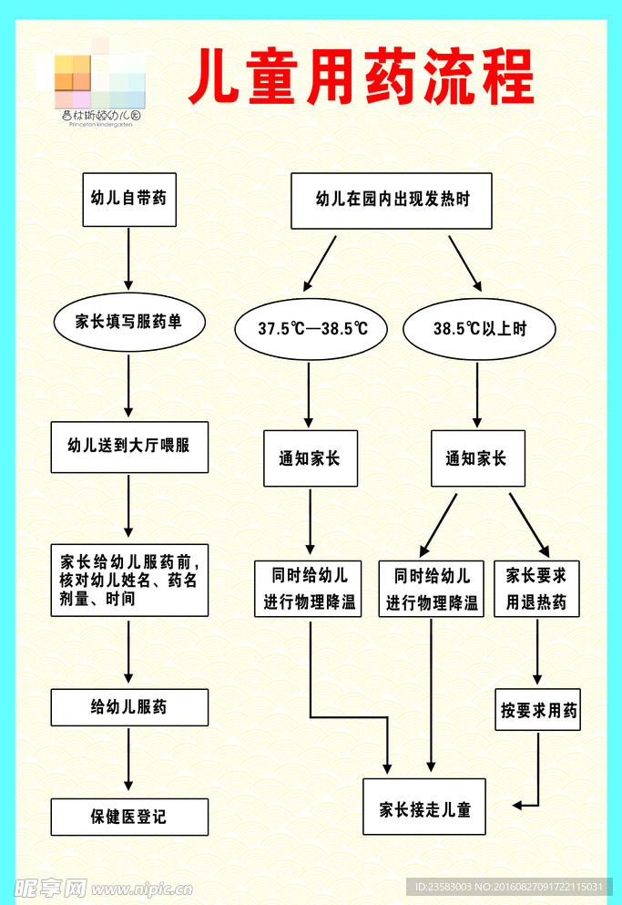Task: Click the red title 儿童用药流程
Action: tap(362, 78)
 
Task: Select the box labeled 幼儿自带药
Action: tap(128, 200)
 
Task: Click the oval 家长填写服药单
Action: tap(128, 322)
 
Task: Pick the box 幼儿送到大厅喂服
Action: tap(128, 447)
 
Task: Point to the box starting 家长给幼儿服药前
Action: tap(128, 580)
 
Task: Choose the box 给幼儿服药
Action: tap(128, 707)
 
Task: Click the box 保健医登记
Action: tap(128, 817)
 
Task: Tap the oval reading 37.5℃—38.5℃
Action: tap(311, 328)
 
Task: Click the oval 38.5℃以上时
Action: tap(479, 328)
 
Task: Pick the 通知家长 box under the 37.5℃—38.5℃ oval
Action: tap(310, 458)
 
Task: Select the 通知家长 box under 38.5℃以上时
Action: tap(477, 458)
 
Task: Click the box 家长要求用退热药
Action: tap(536, 589)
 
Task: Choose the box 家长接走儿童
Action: tap(424, 807)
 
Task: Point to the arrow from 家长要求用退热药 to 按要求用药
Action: tap(537, 651)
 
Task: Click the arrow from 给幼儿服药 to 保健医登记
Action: tap(128, 761)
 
